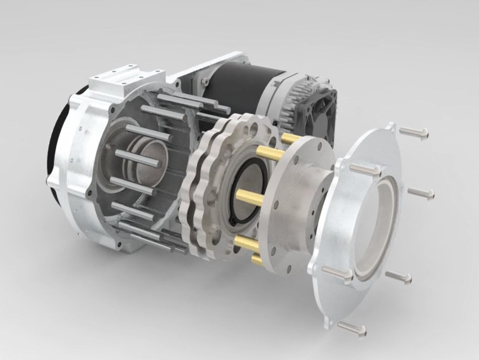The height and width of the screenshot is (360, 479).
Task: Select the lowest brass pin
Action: (x=256, y=259)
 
